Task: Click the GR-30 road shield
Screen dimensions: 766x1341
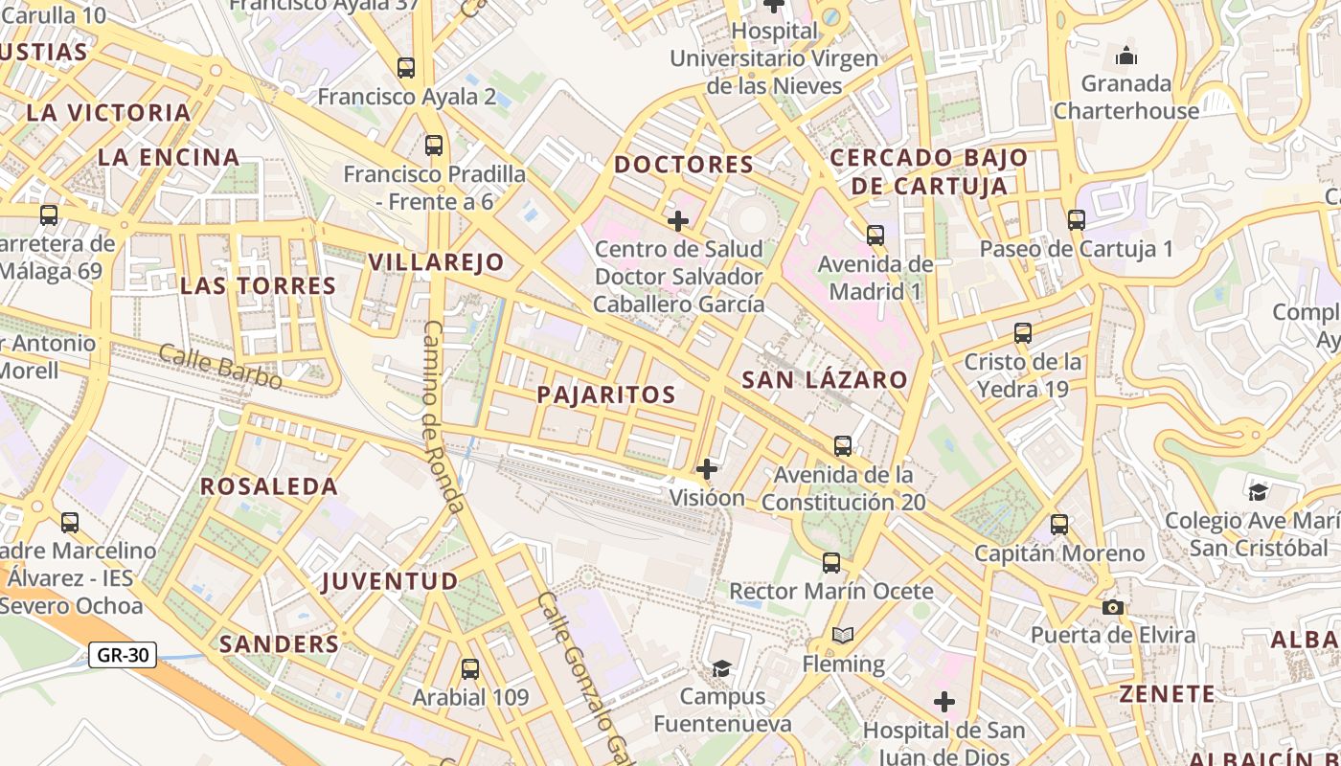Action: pyautogui.click(x=123, y=655)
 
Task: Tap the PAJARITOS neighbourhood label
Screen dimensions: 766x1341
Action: pyautogui.click(x=606, y=394)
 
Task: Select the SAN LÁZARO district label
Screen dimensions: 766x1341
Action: pyautogui.click(x=825, y=379)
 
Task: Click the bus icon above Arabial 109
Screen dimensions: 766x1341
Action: pyautogui.click(x=470, y=669)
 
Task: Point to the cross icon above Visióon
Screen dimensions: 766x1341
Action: pyautogui.click(x=707, y=469)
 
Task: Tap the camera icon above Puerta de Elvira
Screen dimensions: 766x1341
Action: pyautogui.click(x=1112, y=607)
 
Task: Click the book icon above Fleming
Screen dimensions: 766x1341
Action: pyautogui.click(x=843, y=636)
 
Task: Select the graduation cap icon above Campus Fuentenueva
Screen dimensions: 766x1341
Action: pyautogui.click(x=721, y=668)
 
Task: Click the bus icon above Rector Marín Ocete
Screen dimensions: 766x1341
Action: pyautogui.click(x=831, y=563)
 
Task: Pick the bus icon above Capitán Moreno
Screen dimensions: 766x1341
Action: pyautogui.click(x=1059, y=525)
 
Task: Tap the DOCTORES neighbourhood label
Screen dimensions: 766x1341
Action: pyautogui.click(x=684, y=165)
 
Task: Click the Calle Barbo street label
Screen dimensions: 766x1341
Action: pyautogui.click(x=220, y=367)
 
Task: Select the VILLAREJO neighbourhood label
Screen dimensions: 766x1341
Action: pyautogui.click(x=436, y=262)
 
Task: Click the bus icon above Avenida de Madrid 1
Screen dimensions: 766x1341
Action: pyautogui.click(x=875, y=236)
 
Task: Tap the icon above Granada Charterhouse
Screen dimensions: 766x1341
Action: pyautogui.click(x=1126, y=56)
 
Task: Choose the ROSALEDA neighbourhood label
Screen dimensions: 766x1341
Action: pyautogui.click(x=269, y=486)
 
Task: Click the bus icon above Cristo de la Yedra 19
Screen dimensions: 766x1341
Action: pyautogui.click(x=1023, y=334)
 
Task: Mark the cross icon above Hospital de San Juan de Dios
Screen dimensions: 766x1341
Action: pyautogui.click(x=944, y=703)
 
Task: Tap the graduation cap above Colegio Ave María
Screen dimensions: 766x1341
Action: pyautogui.click(x=1258, y=493)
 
